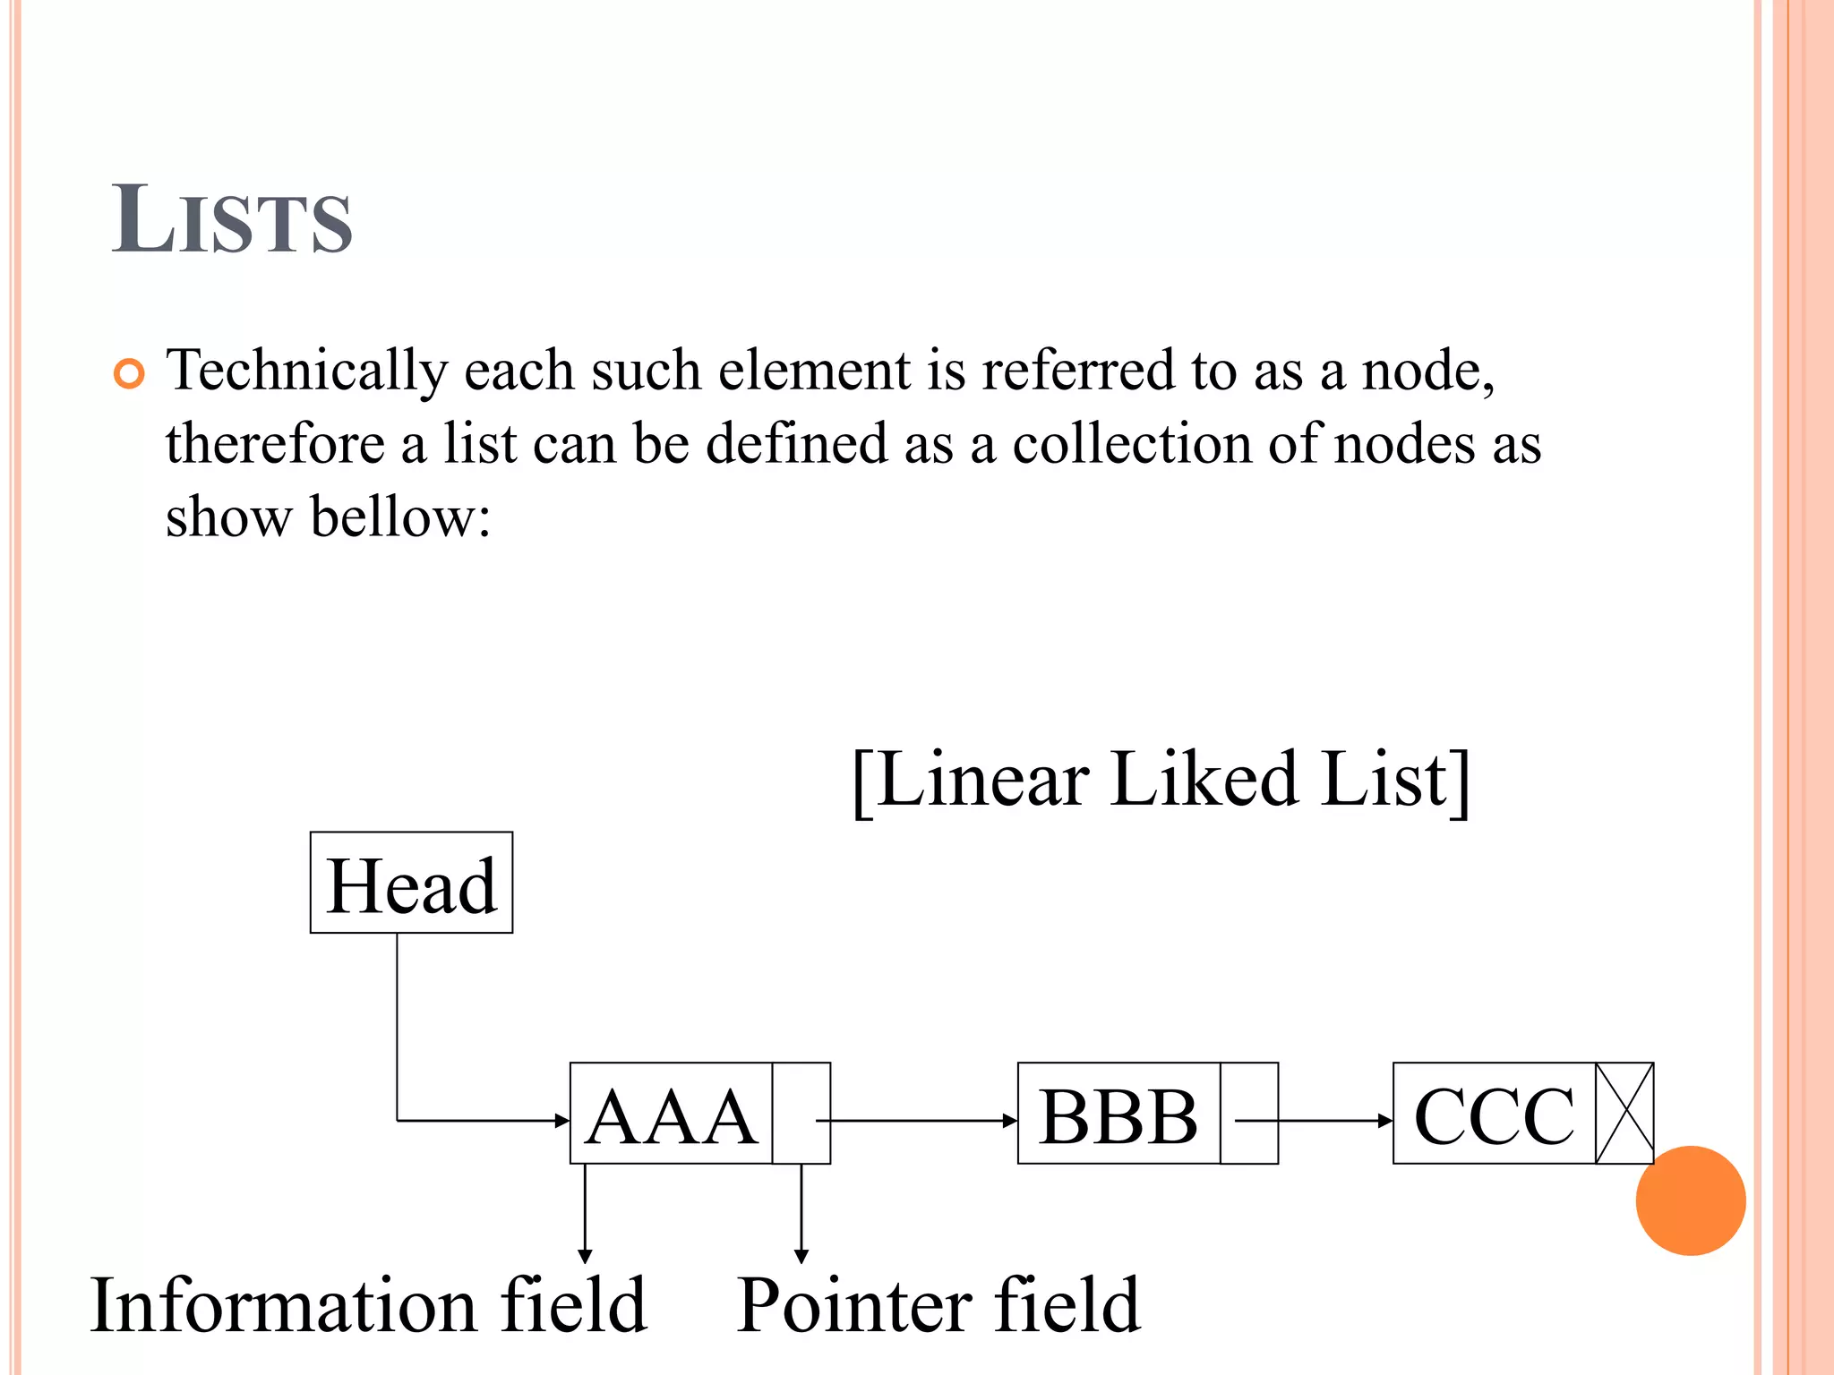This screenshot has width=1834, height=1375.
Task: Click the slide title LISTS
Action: [232, 219]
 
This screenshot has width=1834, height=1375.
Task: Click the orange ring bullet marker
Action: [129, 373]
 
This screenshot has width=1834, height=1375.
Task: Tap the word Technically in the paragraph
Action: [307, 371]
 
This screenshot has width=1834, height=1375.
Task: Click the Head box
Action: [411, 883]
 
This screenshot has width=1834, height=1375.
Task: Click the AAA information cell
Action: [670, 1115]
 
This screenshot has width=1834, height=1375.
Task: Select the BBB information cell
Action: [1118, 1115]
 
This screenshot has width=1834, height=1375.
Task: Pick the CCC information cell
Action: [1494, 1115]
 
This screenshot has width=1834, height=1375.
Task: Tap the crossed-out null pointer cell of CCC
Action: [1624, 1113]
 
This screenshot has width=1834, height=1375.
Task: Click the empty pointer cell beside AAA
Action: [801, 1113]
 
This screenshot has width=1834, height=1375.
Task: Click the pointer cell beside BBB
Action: [1248, 1113]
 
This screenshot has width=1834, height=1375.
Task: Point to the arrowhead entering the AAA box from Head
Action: [561, 1120]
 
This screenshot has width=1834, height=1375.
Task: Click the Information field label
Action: [368, 1305]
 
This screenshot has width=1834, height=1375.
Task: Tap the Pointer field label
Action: [938, 1305]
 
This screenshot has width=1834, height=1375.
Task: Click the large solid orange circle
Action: [1690, 1200]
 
